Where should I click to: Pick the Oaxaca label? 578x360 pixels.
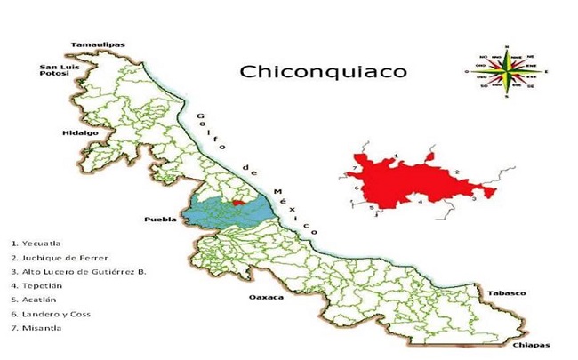click(x=266, y=297)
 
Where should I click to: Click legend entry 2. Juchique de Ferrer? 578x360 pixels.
click(x=51, y=256)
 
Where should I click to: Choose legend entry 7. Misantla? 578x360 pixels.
click(x=35, y=328)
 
